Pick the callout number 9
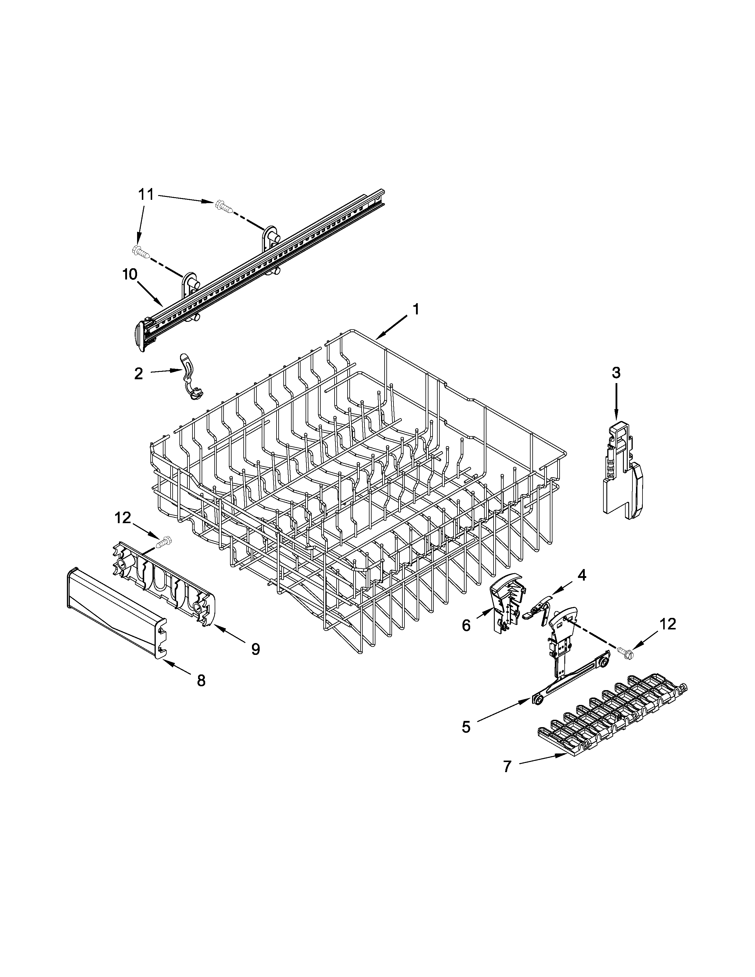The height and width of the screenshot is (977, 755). click(x=256, y=649)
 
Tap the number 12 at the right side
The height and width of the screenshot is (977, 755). click(x=668, y=624)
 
